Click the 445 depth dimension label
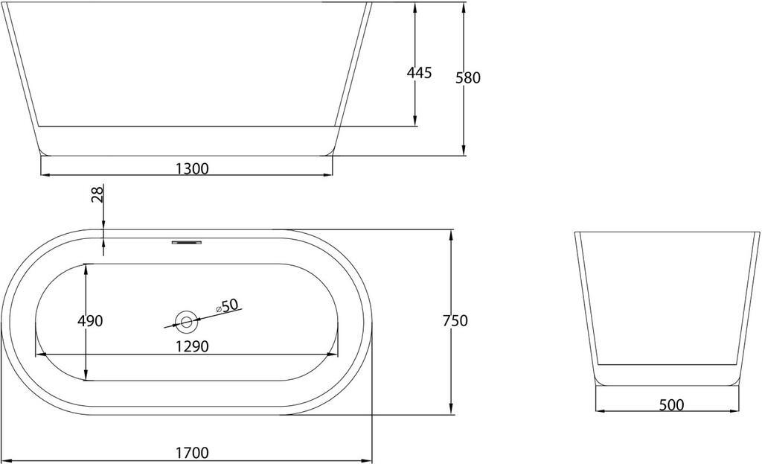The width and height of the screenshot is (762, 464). [x=419, y=73]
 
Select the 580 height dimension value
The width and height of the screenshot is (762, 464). [x=468, y=77]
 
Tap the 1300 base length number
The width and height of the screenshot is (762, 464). [x=192, y=169]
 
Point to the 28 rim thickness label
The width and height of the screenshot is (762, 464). [x=98, y=194]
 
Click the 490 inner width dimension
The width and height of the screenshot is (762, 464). [x=90, y=321]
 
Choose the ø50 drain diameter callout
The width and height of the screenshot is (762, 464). [x=227, y=305]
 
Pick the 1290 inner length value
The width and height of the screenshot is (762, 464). [x=192, y=346]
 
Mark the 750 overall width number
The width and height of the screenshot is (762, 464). [x=455, y=321]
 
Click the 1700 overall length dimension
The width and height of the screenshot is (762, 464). [x=192, y=453]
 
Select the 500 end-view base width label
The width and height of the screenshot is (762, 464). [x=672, y=404]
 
